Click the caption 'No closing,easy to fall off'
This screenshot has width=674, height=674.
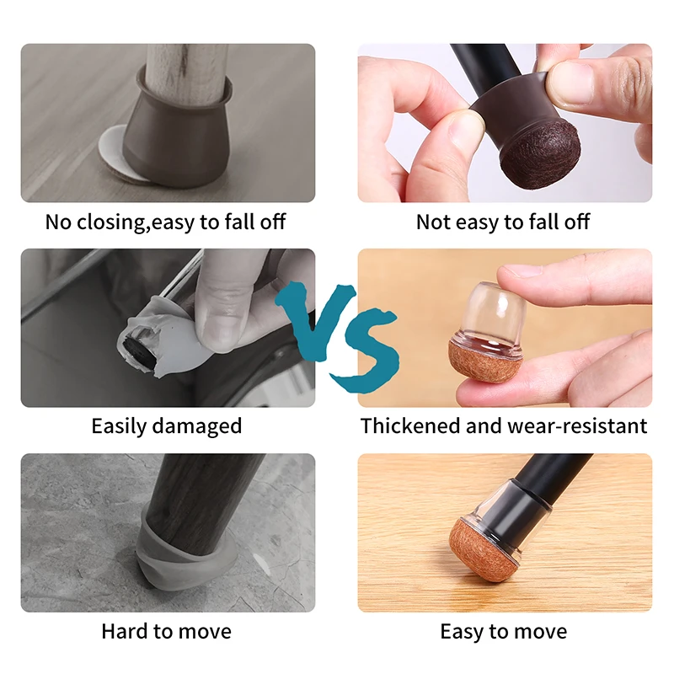click(x=165, y=222)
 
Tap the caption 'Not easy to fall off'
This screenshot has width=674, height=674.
click(x=503, y=222)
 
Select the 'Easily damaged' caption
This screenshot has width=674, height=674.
click(x=167, y=426)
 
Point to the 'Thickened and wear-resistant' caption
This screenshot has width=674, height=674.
click(x=504, y=426)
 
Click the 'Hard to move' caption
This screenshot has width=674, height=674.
click(x=166, y=631)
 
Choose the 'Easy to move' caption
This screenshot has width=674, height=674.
click(x=503, y=632)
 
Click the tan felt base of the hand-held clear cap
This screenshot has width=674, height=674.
click(x=486, y=361)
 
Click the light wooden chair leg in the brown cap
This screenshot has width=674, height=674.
click(x=185, y=73)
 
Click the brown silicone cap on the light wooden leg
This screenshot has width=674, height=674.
click(x=176, y=137)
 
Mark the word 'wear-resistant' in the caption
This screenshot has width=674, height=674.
click(x=577, y=426)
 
